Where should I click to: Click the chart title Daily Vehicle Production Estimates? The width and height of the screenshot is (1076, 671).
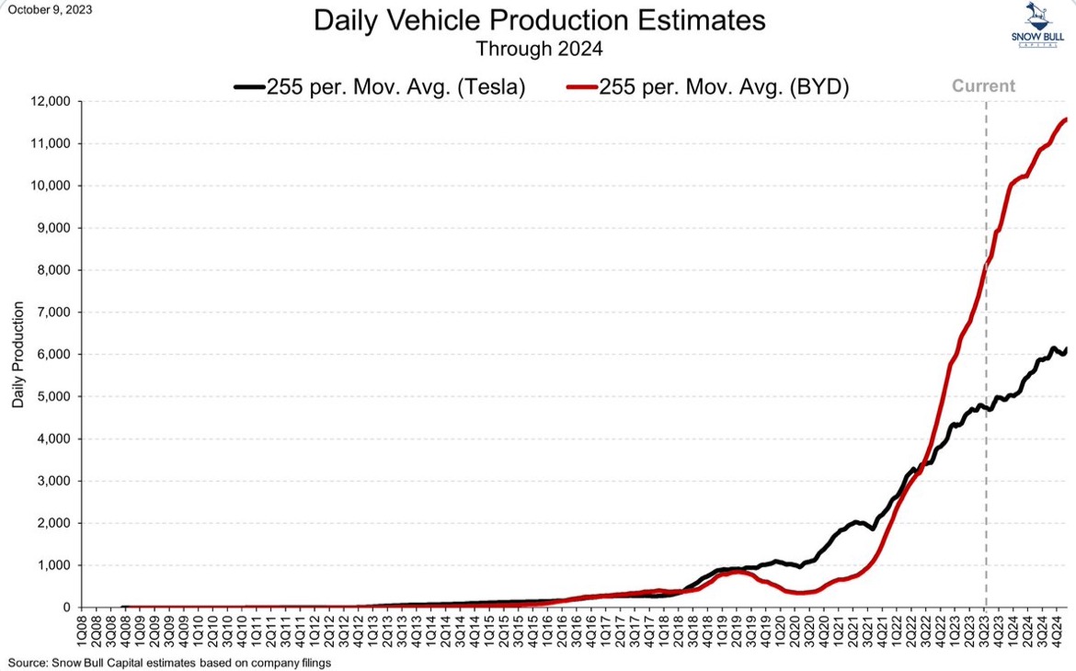(x=539, y=21)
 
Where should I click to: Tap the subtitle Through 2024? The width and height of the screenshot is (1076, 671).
(x=539, y=48)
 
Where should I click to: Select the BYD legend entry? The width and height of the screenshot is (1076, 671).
(x=721, y=87)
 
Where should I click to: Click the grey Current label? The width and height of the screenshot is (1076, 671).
(x=983, y=86)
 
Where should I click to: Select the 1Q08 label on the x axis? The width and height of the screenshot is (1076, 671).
(x=82, y=629)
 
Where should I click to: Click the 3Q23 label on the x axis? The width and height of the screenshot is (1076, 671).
(x=986, y=629)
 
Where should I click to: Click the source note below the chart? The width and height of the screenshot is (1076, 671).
(x=169, y=662)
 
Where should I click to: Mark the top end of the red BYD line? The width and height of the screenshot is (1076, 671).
(x=1064, y=119)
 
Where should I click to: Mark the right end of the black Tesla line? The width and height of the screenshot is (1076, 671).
(x=1065, y=349)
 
